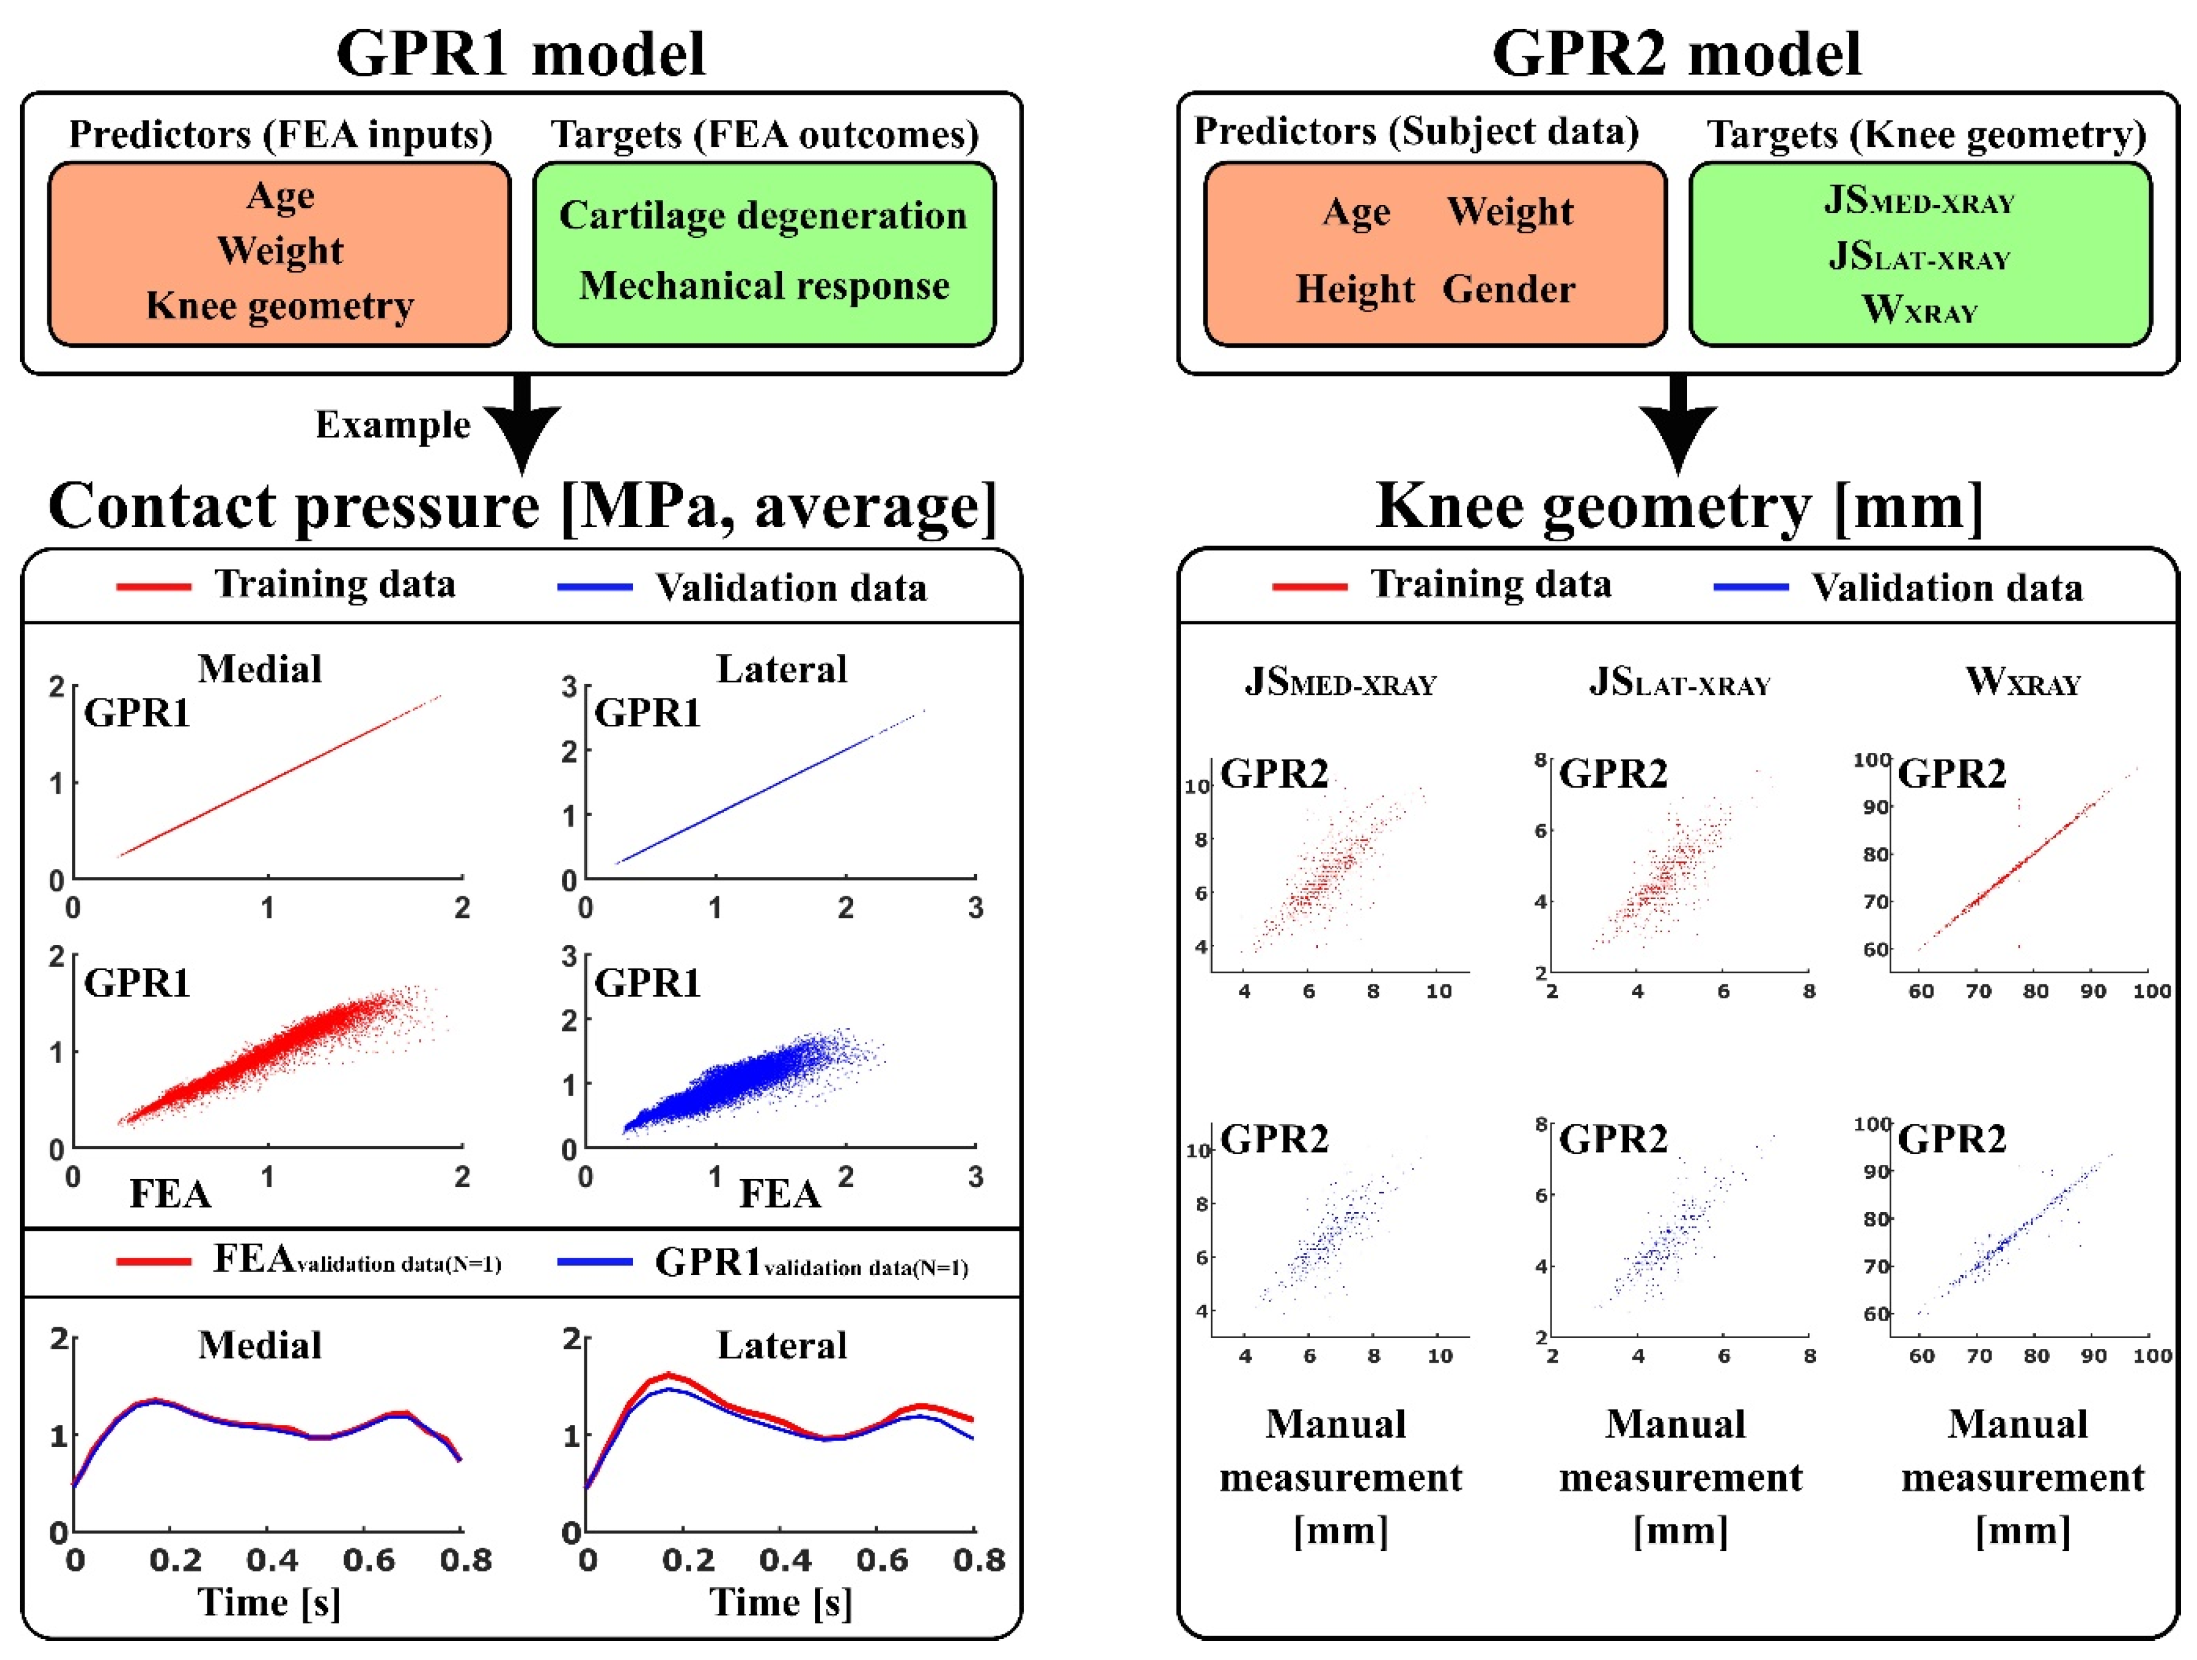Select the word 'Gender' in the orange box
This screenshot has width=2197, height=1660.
[1508, 289]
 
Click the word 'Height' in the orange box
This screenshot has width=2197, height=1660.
[1355, 289]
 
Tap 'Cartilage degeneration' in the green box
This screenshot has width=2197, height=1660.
[763, 216]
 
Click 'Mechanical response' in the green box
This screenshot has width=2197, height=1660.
[763, 286]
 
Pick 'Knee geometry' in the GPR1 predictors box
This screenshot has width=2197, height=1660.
[280, 306]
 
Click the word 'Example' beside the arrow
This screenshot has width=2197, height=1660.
[393, 425]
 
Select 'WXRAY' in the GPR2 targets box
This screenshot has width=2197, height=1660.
[1919, 310]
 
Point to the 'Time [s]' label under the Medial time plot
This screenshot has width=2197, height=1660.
[268, 1602]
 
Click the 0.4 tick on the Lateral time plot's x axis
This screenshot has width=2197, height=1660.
[784, 1560]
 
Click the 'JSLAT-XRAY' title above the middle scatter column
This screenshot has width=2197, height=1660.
[1679, 682]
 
